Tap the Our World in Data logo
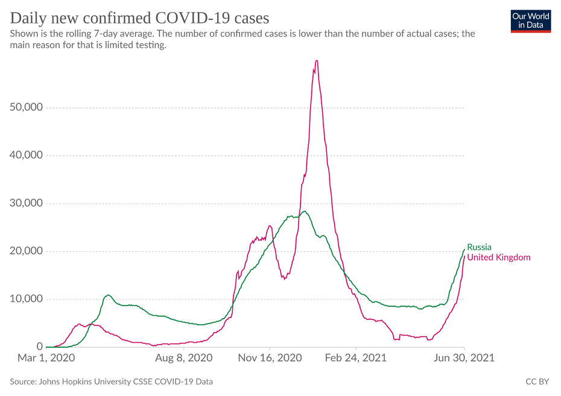tap(530, 21)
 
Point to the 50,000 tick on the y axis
tap(27, 107)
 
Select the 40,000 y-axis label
tap(27, 155)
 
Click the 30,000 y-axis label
tap(27, 203)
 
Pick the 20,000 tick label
tap(27, 251)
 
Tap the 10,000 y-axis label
tap(27, 299)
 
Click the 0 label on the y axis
tap(39, 347)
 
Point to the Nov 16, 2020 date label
tap(269, 358)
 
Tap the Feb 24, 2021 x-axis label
tap(356, 358)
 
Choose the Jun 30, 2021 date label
tap(464, 358)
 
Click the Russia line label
tap(479, 247)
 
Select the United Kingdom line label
tap(499, 258)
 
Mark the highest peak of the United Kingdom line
tap(316, 61)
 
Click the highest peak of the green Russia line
tap(305, 211)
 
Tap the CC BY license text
tap(537, 382)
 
